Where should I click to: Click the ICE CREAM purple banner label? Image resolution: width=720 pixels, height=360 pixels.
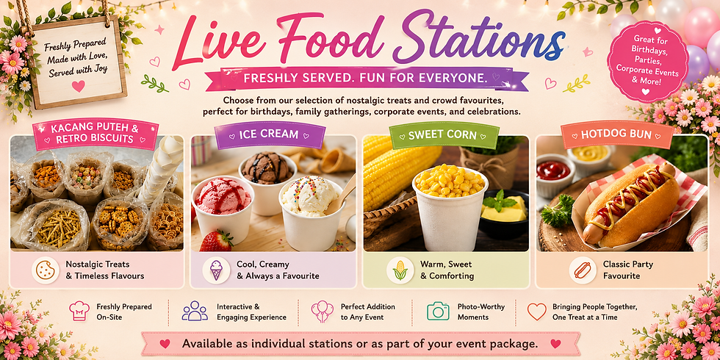click(x=270, y=135)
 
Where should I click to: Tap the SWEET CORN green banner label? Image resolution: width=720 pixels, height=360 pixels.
click(x=444, y=135)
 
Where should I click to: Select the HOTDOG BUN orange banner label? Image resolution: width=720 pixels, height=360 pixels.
click(x=616, y=135)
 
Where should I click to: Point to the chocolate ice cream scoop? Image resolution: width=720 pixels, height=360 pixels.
click(x=267, y=168)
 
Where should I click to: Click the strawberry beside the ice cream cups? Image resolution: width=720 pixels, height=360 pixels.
click(x=216, y=241)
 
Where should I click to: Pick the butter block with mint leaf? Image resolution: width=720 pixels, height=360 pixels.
click(x=504, y=209)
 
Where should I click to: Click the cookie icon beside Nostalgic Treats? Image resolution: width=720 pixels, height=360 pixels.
click(x=46, y=270)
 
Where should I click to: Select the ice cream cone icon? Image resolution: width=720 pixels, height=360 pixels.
click(x=216, y=270)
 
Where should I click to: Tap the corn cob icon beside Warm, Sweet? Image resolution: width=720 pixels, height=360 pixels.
click(x=400, y=270)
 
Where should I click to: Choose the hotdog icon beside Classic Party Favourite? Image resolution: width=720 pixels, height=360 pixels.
click(x=583, y=270)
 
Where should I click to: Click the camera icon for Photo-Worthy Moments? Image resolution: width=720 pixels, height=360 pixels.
click(x=438, y=312)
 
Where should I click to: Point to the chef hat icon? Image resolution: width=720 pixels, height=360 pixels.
click(x=79, y=311)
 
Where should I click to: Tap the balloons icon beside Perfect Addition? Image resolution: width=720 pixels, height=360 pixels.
click(x=322, y=312)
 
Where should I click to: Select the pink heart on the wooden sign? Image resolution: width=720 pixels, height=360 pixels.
click(x=78, y=86)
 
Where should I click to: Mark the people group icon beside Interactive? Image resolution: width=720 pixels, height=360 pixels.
click(x=195, y=311)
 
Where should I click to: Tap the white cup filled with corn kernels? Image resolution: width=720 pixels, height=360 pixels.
click(x=450, y=206)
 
